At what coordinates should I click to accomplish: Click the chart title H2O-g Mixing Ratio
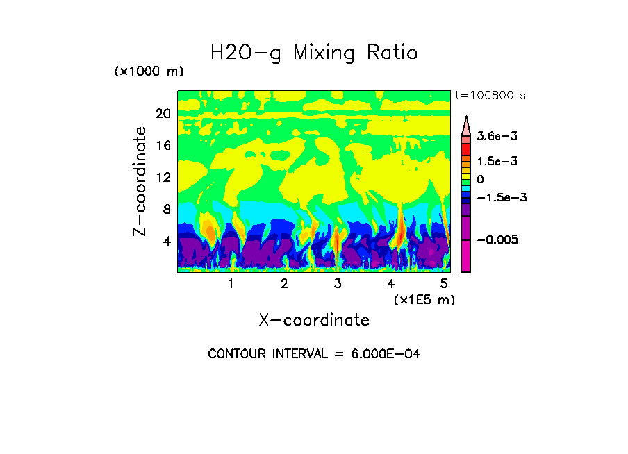point(314,53)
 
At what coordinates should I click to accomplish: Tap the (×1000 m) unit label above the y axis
point(148,72)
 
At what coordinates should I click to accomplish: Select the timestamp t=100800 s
point(489,95)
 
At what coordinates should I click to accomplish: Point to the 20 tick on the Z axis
point(163,114)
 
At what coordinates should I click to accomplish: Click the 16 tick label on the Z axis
point(163,146)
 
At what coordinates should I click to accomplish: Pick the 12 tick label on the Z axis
point(163,178)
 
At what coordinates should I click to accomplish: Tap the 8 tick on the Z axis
point(166,210)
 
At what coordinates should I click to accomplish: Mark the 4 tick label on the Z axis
point(166,242)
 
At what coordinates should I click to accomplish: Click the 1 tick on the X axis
point(231,284)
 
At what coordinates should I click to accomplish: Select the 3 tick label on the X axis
point(338,284)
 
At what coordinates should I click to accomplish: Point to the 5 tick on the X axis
point(444,284)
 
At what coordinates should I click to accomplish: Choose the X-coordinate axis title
point(314,320)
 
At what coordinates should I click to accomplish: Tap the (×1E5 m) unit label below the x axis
point(424,300)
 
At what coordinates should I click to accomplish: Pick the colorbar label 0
point(480,180)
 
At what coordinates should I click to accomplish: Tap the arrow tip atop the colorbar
point(466,119)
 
